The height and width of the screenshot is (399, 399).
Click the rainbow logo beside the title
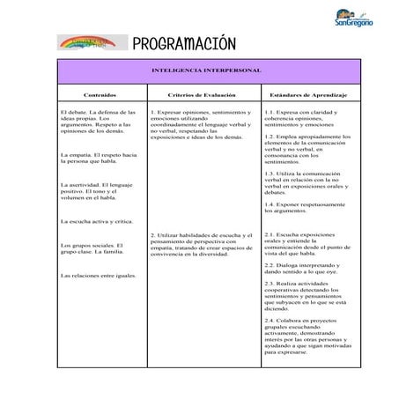91,43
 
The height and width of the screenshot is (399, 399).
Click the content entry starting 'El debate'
97,122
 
